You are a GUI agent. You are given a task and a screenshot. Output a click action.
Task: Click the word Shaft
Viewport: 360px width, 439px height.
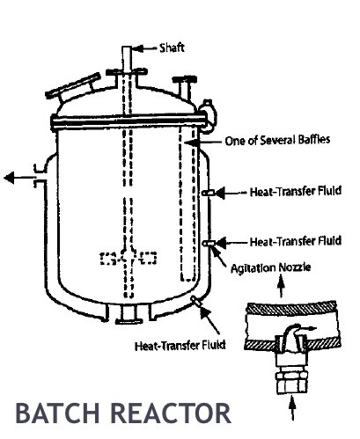tap(172, 48)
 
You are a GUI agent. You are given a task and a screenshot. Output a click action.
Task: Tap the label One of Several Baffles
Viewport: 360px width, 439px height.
tap(277, 140)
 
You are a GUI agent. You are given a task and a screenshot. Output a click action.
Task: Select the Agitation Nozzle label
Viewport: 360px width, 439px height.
tap(271, 267)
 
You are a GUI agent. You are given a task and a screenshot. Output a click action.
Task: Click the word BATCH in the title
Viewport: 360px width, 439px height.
tap(57, 413)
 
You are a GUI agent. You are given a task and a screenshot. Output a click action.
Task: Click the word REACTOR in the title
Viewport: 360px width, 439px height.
tap(171, 413)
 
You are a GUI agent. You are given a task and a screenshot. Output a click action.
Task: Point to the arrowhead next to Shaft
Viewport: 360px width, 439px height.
tap(138, 48)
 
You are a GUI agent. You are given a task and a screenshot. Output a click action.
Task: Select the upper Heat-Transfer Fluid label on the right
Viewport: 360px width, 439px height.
tap(296, 191)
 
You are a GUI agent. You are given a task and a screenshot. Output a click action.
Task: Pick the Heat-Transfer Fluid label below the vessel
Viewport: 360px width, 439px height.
tap(180, 345)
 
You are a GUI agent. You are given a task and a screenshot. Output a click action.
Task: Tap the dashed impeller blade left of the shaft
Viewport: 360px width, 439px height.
tap(111, 259)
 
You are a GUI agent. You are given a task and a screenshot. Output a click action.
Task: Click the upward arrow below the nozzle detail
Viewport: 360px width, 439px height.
tap(292, 408)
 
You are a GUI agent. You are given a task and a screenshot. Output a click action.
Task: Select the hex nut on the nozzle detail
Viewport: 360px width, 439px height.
tap(292, 382)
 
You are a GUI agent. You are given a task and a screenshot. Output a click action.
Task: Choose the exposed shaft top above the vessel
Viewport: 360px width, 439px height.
tap(127, 58)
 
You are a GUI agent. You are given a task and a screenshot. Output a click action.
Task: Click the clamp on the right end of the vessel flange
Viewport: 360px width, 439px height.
tap(209, 115)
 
